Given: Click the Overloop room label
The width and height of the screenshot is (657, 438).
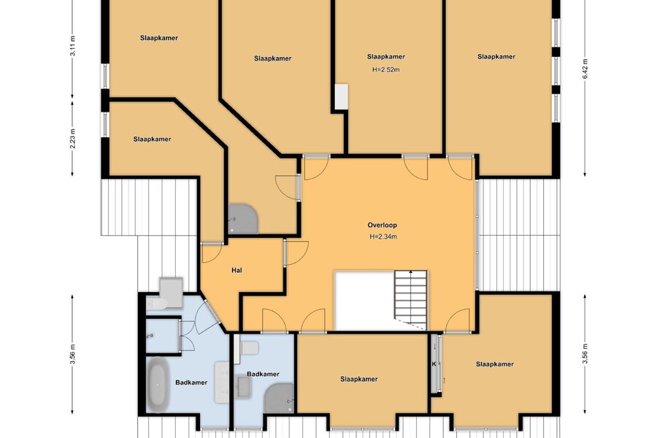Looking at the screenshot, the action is (x=382, y=225).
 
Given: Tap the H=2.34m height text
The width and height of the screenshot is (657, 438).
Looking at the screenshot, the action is (x=383, y=237).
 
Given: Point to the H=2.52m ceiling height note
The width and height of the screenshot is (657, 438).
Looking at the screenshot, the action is (x=386, y=69).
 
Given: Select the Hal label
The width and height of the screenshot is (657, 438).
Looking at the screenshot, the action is (x=237, y=270).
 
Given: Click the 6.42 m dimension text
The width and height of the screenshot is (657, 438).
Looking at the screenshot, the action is (x=585, y=69).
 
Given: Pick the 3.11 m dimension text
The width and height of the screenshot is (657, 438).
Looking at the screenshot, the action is (x=72, y=46).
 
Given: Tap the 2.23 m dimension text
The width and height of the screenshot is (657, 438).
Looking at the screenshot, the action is (x=72, y=139).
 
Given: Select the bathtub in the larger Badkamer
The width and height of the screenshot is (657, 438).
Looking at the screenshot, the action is (x=158, y=385).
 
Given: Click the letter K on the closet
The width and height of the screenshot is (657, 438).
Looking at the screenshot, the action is (x=434, y=364).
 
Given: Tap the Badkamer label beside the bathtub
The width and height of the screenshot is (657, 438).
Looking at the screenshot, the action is (x=191, y=383).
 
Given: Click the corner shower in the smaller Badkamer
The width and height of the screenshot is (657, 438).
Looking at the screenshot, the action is (x=279, y=398).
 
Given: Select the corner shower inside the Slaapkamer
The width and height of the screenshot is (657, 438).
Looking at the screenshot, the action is (x=243, y=219).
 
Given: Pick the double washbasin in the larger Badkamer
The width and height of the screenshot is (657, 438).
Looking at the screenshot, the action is (x=221, y=383).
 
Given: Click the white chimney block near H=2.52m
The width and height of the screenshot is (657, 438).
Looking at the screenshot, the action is (x=342, y=97).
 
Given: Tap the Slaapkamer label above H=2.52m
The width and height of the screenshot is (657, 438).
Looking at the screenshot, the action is (x=386, y=57).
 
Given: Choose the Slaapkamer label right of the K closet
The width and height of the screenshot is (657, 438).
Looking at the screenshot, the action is (x=495, y=364).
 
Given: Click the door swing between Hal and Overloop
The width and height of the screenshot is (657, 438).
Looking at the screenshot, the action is (x=296, y=253).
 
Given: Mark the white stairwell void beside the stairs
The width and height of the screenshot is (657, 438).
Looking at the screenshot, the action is (x=364, y=300).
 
